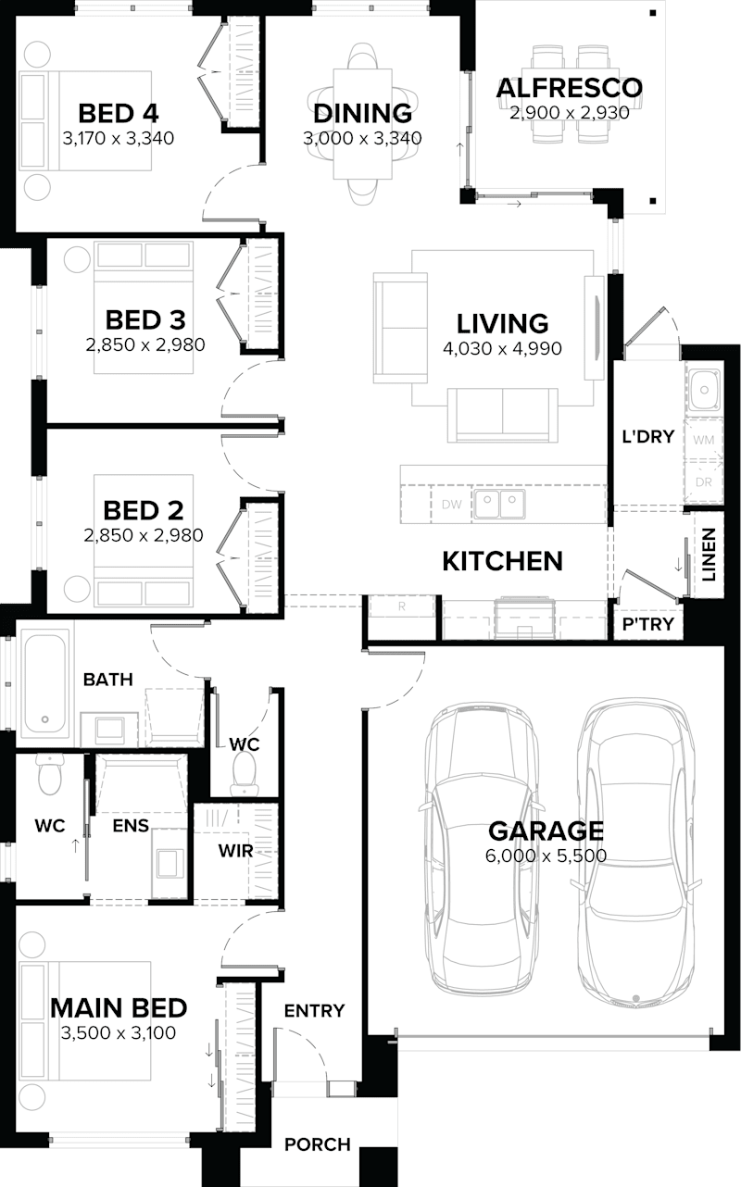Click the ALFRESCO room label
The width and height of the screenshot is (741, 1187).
click(569, 89)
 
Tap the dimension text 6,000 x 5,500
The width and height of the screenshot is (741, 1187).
click(546, 856)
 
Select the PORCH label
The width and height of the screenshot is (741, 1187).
click(317, 1144)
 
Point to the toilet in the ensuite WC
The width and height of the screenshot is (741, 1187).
click(47, 775)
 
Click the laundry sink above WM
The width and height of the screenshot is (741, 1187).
click(704, 389)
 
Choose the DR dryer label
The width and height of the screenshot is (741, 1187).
click(703, 482)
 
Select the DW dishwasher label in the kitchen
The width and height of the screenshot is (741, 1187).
click(451, 505)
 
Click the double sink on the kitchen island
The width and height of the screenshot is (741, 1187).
click(499, 504)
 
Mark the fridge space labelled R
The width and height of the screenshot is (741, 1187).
click(401, 606)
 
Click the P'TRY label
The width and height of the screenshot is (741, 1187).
click(647, 624)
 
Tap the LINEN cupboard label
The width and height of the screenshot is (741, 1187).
click(708, 555)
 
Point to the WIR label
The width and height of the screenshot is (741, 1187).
click(235, 850)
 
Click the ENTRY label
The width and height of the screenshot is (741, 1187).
click(314, 1010)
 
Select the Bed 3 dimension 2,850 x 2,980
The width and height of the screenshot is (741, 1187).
click(145, 344)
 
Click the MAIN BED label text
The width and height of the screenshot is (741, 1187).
click(119, 1007)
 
